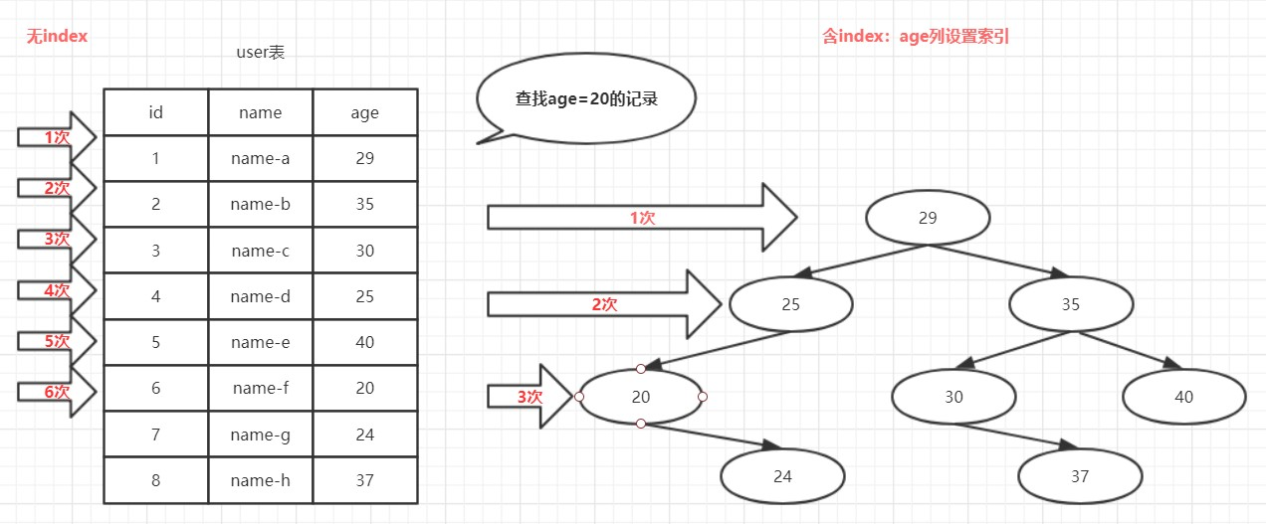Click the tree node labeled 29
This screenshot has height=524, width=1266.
(928, 218)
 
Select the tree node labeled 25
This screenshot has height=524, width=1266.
(790, 304)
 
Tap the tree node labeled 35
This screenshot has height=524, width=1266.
(1072, 304)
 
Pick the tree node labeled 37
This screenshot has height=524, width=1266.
(1080, 476)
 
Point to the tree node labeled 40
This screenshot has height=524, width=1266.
(1183, 397)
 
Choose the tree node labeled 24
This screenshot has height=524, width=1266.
(782, 476)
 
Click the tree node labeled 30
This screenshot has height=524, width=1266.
(953, 397)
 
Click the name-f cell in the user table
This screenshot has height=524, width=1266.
(261, 388)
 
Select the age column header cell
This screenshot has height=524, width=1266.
(365, 112)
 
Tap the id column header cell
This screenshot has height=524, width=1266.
(156, 112)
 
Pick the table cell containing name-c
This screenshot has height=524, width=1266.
(261, 251)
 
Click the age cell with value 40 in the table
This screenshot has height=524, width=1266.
(365, 342)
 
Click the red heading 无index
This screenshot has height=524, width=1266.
(57, 37)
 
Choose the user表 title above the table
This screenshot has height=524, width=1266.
(260, 53)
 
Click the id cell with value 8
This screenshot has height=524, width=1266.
(156, 480)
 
